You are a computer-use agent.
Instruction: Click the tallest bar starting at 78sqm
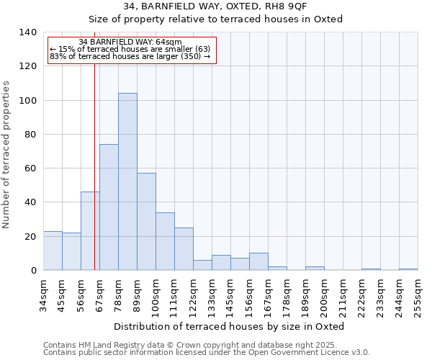[127, 181]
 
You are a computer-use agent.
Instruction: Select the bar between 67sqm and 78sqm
[109, 207]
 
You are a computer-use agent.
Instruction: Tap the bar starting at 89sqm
[146, 222]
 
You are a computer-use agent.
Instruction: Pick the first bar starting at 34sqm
[53, 251]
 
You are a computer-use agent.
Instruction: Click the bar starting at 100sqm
[165, 241]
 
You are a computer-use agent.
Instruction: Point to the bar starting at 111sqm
[184, 249]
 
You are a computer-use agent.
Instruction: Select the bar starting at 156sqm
[258, 262]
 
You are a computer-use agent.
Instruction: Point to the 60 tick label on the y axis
[30, 168]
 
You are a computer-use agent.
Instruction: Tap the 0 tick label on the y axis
[32, 271]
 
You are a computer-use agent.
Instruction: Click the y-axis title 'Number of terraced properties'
[7, 155]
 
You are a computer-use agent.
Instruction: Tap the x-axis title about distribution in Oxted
[230, 326]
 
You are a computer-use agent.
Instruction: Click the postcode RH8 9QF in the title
[288, 6]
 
